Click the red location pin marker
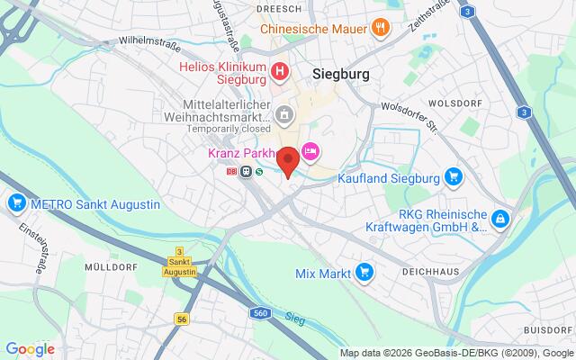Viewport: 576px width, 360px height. pyautogui.click(x=288, y=160)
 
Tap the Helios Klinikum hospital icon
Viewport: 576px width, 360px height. pyautogui.click(x=281, y=70)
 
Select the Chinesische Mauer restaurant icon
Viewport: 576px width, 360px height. pyautogui.click(x=382, y=27)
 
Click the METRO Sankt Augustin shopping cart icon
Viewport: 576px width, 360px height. pyautogui.click(x=15, y=204)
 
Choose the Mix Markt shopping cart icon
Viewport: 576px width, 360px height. pyautogui.click(x=364, y=271)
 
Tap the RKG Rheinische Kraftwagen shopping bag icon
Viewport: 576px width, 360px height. pyautogui.click(x=501, y=219)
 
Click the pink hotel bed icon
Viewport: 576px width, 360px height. pyautogui.click(x=310, y=152)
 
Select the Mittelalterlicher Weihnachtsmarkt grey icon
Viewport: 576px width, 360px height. pyautogui.click(x=283, y=114)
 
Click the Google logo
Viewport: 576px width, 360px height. pyautogui.click(x=30, y=349)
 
